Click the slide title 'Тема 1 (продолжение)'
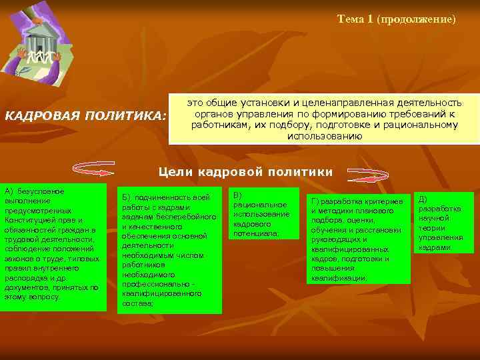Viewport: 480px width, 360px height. click(397, 19)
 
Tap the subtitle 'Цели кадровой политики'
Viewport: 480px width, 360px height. click(245, 172)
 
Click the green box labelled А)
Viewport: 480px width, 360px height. click(53, 247)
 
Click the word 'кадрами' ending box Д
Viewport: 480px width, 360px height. click(434, 247)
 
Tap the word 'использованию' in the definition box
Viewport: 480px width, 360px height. click(325, 135)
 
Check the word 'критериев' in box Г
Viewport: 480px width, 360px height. click(386, 201)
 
